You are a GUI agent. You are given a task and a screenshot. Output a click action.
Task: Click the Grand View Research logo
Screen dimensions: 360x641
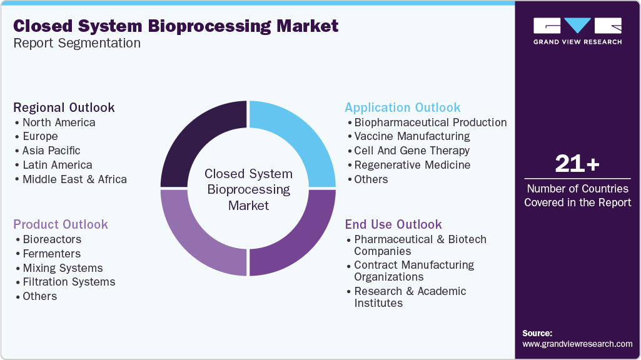click(x=577, y=31)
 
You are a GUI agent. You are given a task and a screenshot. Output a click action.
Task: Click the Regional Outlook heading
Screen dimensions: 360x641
click(x=64, y=107)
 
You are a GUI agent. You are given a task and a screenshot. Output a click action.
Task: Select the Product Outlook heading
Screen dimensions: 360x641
click(x=61, y=224)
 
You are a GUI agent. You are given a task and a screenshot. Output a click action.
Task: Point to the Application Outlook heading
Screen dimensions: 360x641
click(x=403, y=107)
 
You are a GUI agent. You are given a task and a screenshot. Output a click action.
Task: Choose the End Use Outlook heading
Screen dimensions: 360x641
click(x=393, y=224)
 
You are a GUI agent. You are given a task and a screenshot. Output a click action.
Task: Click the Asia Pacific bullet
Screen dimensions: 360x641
click(x=51, y=151)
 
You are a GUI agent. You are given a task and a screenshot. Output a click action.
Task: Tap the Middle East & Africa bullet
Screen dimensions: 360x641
click(x=74, y=179)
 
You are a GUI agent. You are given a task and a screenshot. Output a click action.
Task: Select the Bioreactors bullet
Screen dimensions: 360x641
click(x=52, y=239)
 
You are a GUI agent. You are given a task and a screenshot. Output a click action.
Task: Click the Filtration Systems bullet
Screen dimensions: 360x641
click(x=69, y=282)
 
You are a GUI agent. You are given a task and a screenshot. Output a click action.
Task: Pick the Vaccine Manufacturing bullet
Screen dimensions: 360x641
click(x=411, y=136)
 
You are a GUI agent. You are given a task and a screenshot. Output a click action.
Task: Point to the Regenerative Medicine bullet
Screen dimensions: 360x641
click(x=412, y=165)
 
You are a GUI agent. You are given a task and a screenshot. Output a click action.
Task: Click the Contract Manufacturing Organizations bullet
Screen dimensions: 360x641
click(x=414, y=271)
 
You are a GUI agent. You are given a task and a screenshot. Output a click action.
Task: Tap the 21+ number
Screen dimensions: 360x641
click(x=577, y=164)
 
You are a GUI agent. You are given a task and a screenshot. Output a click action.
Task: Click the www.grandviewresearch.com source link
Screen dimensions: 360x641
click(x=577, y=344)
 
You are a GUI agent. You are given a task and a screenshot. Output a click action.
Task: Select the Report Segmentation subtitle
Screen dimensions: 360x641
click(x=77, y=43)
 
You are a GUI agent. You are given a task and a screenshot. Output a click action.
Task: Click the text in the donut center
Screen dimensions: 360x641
click(x=248, y=189)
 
